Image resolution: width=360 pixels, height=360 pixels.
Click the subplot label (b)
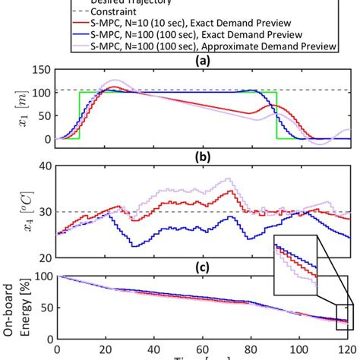tap(204, 157)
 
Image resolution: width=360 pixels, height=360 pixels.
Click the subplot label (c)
tap(204, 267)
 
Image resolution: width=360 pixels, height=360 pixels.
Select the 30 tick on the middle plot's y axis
tap(46, 212)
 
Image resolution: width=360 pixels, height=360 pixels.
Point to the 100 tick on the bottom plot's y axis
tap(43, 276)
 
